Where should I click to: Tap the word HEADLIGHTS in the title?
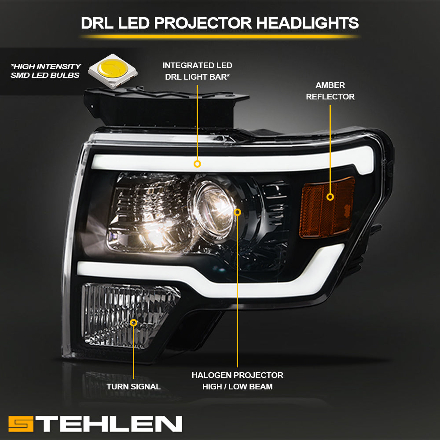(308, 23)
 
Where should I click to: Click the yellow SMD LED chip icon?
(113, 70)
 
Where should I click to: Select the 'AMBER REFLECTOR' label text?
(330, 91)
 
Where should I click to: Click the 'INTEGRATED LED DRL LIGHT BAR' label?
(197, 71)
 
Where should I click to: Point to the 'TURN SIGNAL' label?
(133, 387)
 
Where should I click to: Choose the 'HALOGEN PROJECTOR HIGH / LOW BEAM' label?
(237, 381)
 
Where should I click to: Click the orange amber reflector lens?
(326, 207)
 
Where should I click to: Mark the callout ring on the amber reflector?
(330, 197)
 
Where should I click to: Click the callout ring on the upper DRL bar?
(197, 164)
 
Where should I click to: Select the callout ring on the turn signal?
(134, 323)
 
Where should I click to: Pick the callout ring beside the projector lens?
(238, 212)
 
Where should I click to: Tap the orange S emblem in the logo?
(21, 424)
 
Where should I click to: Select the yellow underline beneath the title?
(220, 37)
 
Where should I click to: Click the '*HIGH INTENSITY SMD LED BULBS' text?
(46, 71)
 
